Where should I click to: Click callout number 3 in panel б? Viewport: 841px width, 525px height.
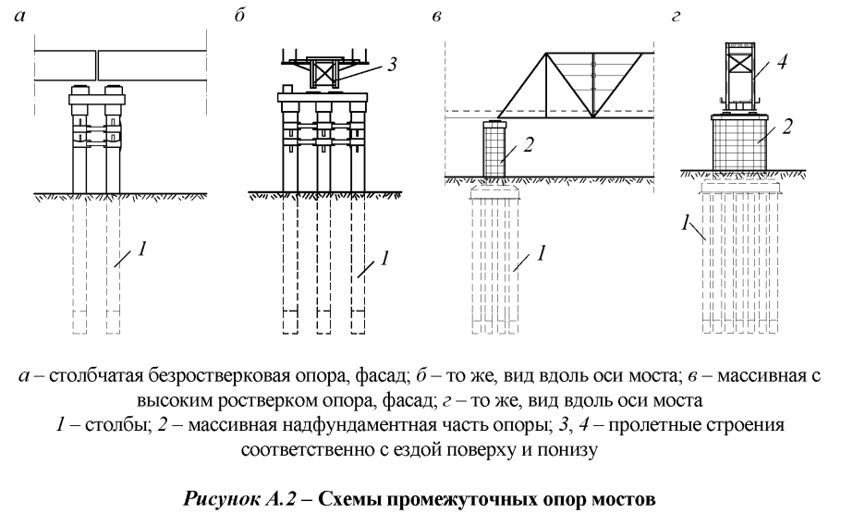pos(395,66)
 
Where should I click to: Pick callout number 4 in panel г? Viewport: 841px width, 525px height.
pos(783,66)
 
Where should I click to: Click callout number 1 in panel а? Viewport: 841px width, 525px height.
pos(143,250)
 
